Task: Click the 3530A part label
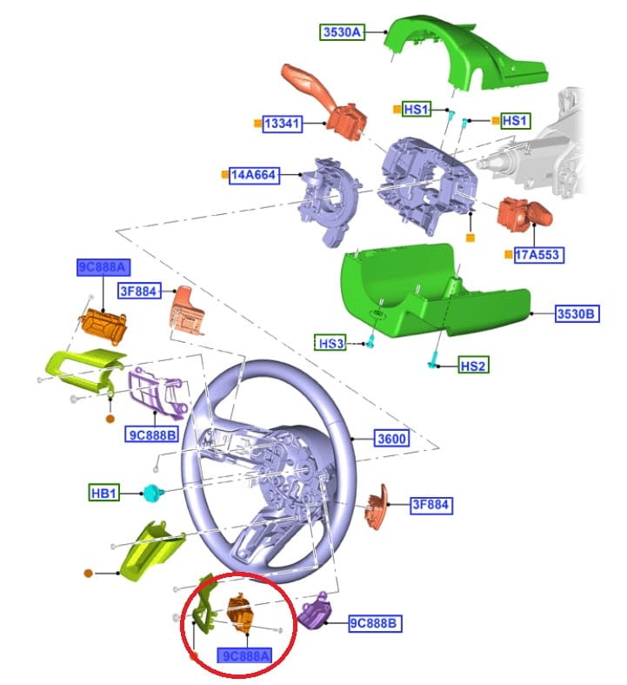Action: pos(340,32)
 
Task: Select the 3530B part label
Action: pos(577,313)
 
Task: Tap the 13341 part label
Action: pos(282,124)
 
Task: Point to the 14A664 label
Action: pos(253,176)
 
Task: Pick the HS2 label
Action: pos(473,366)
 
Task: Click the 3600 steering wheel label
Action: pos(390,439)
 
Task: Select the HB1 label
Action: pos(103,494)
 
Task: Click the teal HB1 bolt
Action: pos(152,494)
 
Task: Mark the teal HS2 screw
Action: pos(431,360)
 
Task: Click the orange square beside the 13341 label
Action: pos(257,124)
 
